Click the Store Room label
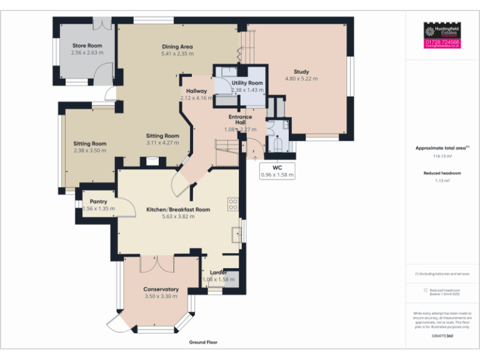pyautogui.click(x=87, y=46)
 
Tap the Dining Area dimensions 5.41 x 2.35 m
pyautogui.click(x=177, y=54)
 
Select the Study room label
pyautogui.click(x=301, y=71)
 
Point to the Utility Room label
pyautogui.click(x=247, y=82)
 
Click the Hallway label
pyautogui.click(x=196, y=91)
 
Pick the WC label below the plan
pyautogui.click(x=276, y=167)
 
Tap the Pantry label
pyautogui.click(x=99, y=201)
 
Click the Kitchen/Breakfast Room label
pyautogui.click(x=178, y=209)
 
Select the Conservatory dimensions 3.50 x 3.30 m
pyautogui.click(x=161, y=296)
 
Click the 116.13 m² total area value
pyautogui.click(x=442, y=157)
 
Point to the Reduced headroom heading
pyautogui.click(x=442, y=172)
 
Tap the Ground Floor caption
pyautogui.click(x=203, y=342)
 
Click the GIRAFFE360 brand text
pyautogui.click(x=442, y=336)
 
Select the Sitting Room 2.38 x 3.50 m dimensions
pyautogui.click(x=90, y=151)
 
